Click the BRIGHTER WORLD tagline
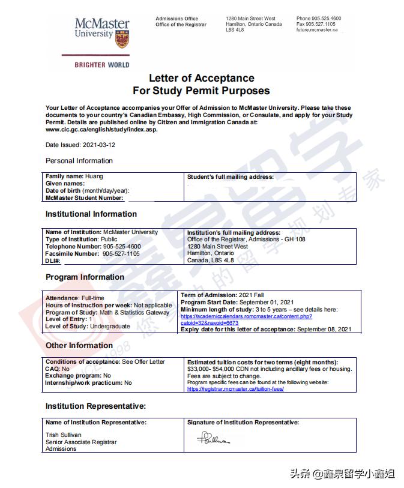[102, 65]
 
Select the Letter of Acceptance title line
[201, 78]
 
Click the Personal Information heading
[79, 161]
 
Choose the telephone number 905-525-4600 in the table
[121, 247]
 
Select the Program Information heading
[85, 277]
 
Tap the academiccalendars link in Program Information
[246, 316]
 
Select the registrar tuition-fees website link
[235, 389]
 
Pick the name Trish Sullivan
[63, 435]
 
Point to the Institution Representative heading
[95, 406]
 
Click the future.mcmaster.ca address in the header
[317, 29]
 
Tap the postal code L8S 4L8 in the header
[235, 29]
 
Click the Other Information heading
[79, 346]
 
